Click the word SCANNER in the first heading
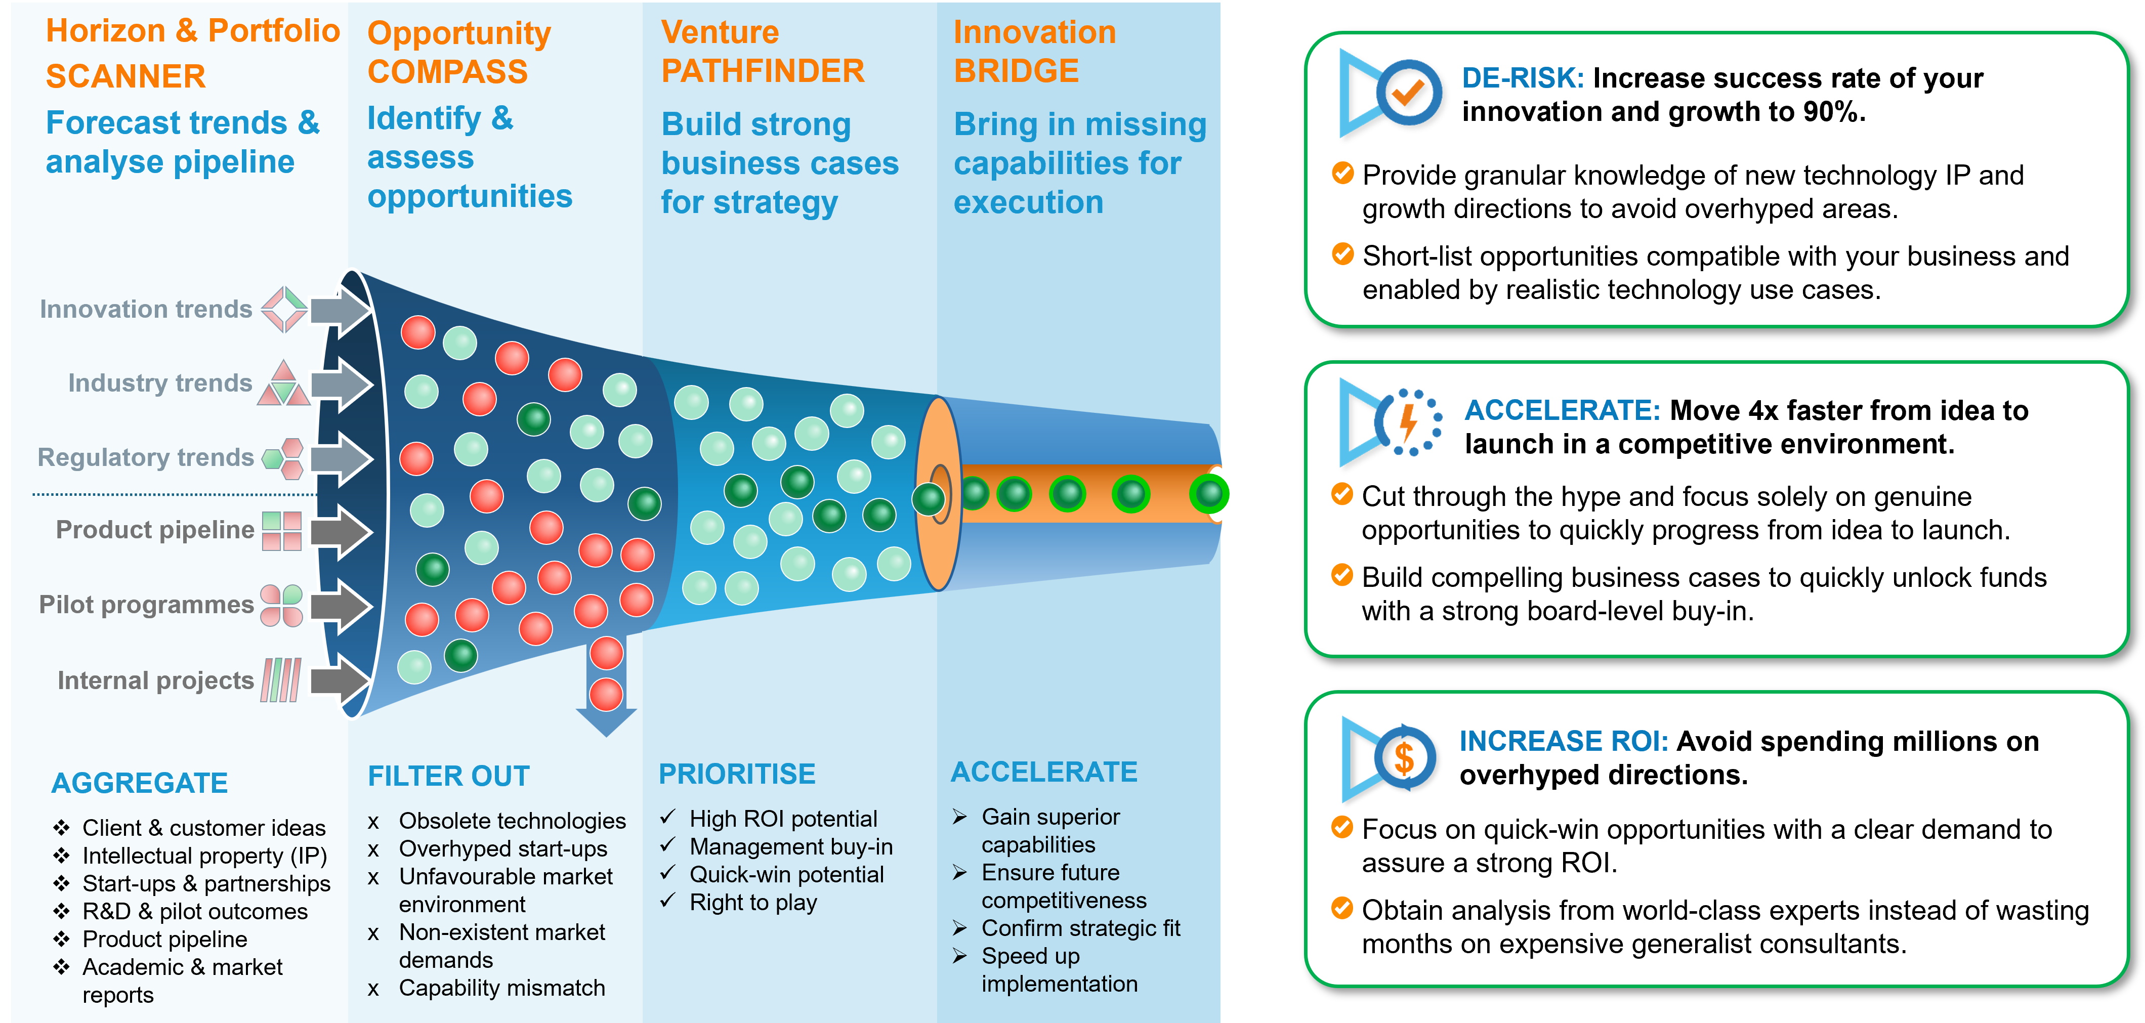coord(125,76)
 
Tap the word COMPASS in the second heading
coord(447,72)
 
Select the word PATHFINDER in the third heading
coord(763,71)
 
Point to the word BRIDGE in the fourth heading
coord(1016,71)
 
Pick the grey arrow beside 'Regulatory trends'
coord(342,458)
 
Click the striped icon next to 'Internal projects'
coord(281,680)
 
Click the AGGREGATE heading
coord(139,783)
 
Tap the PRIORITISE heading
coord(737,774)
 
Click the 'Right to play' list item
coord(753,902)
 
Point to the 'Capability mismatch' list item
coord(501,988)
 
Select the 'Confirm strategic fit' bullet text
coord(1080,928)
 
